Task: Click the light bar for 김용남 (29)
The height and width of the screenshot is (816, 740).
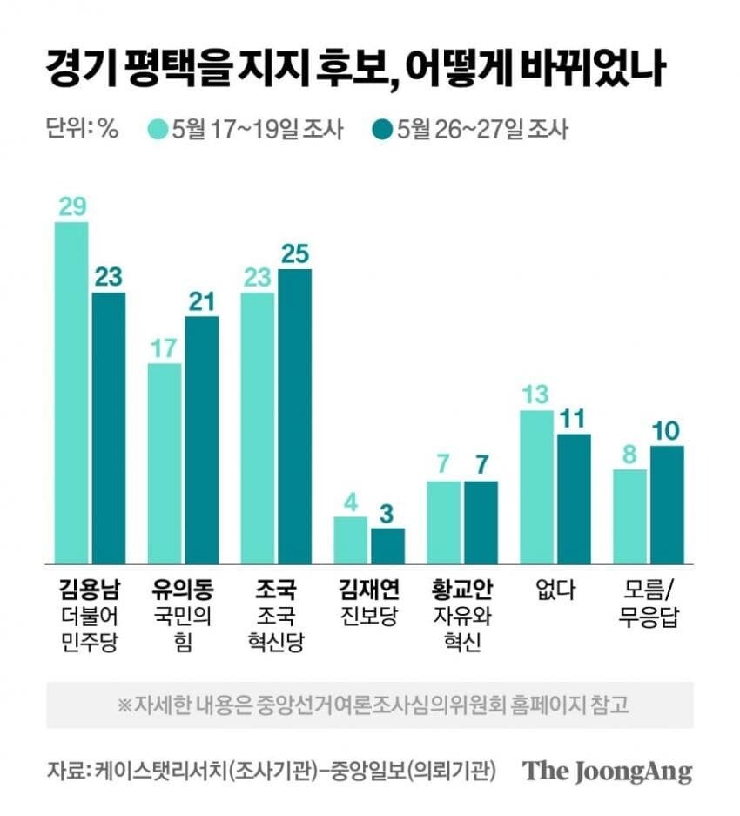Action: [x=71, y=393]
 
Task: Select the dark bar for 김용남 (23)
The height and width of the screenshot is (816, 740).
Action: [x=109, y=428]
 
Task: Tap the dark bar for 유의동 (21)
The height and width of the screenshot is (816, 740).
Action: [x=202, y=441]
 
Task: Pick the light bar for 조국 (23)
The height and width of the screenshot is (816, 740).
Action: [x=258, y=428]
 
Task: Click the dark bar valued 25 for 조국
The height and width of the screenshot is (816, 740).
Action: [x=295, y=416]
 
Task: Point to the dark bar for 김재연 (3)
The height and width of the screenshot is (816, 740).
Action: [x=387, y=546]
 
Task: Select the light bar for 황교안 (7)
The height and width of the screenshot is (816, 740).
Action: [x=443, y=523]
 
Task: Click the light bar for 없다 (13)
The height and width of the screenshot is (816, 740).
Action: [x=536, y=487]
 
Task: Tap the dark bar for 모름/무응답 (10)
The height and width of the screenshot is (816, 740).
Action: [x=667, y=505]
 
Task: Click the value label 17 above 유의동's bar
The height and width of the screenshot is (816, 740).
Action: [x=164, y=348]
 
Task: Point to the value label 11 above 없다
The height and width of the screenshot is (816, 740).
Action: [x=573, y=419]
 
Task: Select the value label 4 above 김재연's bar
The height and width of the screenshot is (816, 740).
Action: [x=351, y=502]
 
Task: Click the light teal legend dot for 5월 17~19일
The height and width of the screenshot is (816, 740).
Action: [x=158, y=130]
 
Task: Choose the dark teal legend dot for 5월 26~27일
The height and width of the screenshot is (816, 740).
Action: [x=382, y=130]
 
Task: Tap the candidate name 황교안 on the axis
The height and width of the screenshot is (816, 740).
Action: [x=462, y=590]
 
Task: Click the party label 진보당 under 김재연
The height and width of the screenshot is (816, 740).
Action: [x=369, y=617]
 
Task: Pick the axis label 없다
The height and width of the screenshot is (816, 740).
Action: [x=555, y=590]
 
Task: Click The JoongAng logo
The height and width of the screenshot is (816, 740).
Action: [x=608, y=772]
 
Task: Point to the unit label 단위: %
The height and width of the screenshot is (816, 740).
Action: [x=83, y=128]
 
